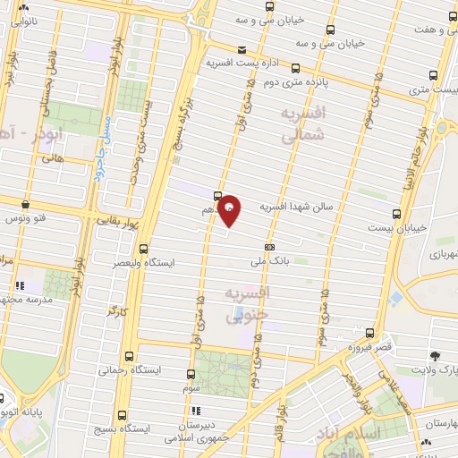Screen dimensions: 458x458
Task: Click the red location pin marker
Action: pyautogui.click(x=230, y=208)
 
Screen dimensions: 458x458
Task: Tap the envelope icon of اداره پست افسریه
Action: pyautogui.click(x=241, y=50)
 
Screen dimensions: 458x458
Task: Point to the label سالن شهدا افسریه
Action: pyautogui.click(x=296, y=207)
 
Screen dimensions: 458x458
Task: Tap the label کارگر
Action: pyautogui.click(x=118, y=311)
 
